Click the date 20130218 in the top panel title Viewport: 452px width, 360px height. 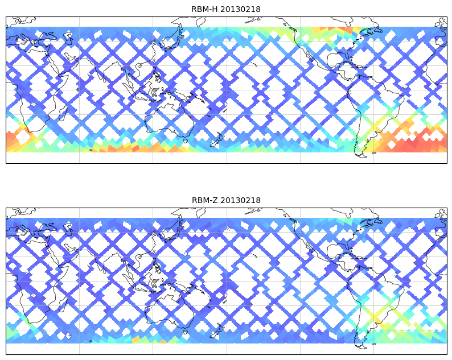pos(240,9)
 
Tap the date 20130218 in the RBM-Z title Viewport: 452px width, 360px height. pos(240,200)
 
